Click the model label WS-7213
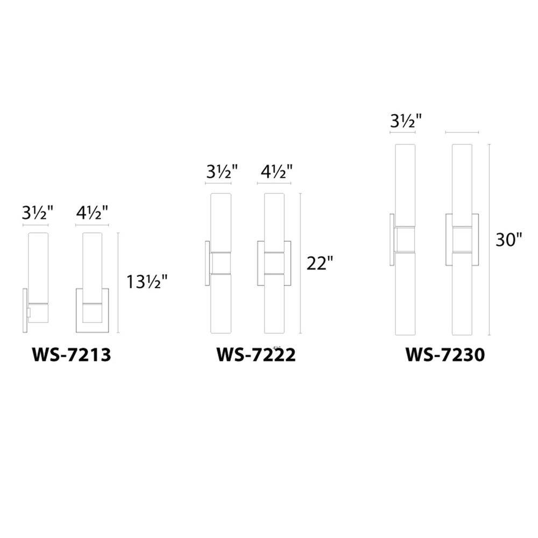[x=71, y=355]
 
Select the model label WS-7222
[x=256, y=355]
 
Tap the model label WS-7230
[x=445, y=355]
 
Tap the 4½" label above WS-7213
[x=93, y=212]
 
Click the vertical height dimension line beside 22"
[x=300, y=263]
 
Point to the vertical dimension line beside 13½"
[x=118, y=282]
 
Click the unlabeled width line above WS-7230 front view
[x=462, y=132]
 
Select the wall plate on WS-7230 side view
[x=392, y=239]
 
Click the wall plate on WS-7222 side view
[x=208, y=263]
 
